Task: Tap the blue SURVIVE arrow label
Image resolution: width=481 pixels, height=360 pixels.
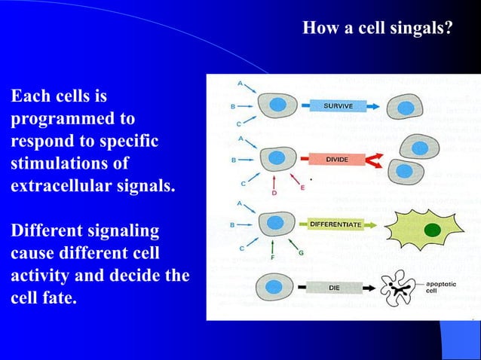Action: (x=339, y=106)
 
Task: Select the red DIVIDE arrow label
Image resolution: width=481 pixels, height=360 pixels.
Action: (x=336, y=160)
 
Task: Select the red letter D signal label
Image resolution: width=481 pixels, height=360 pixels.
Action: (x=274, y=194)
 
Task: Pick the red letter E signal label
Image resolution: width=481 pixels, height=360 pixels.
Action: (x=302, y=188)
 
